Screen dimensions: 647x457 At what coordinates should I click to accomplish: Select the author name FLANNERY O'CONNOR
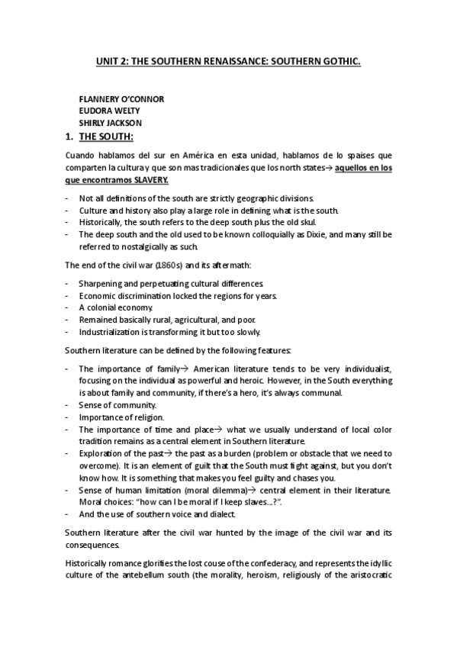coord(121,99)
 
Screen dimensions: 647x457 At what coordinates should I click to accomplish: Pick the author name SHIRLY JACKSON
coord(111,122)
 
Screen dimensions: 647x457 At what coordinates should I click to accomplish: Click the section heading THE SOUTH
coord(106,137)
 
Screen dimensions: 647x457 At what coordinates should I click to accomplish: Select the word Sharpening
coord(101,282)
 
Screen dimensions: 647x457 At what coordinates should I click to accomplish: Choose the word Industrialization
coord(111,332)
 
